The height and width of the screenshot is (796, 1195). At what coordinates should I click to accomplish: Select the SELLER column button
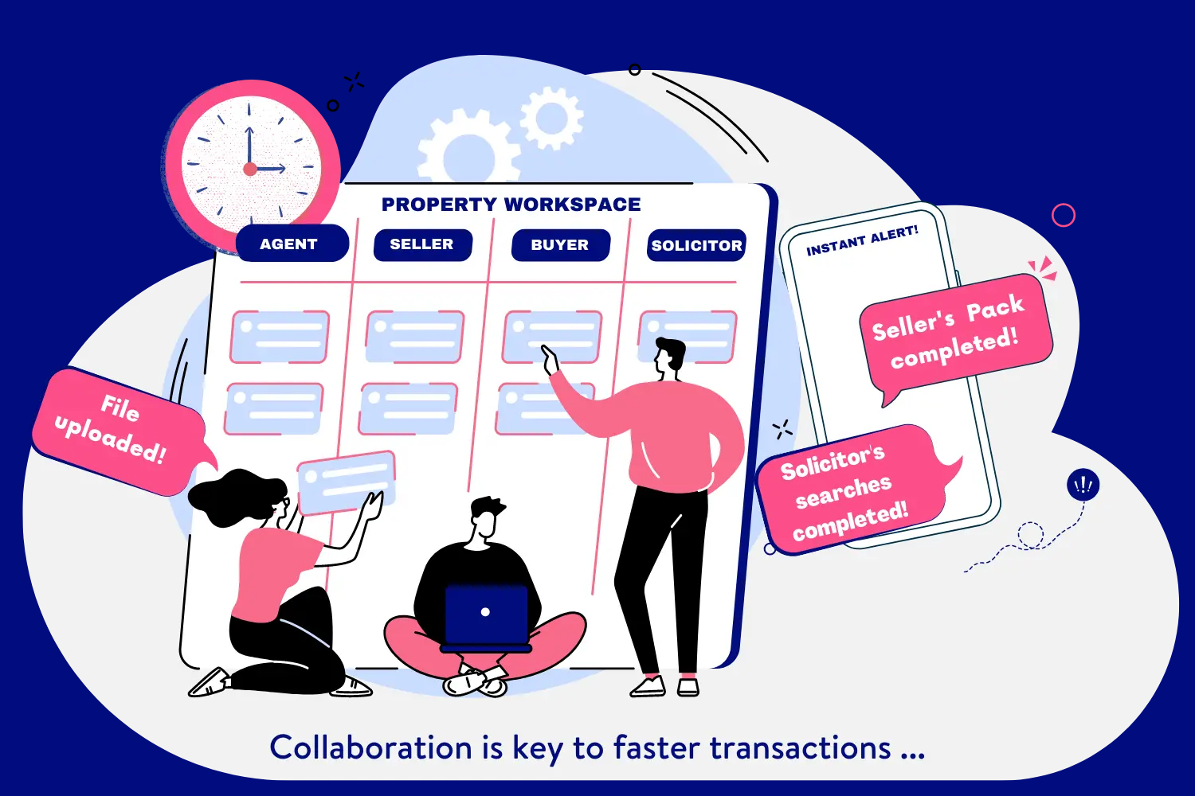point(422,244)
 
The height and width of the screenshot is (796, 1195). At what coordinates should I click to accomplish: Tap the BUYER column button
point(560,245)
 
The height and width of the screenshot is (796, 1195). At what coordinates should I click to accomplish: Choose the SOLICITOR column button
point(696,245)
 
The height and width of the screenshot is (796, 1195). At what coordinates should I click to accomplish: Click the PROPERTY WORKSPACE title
point(511,205)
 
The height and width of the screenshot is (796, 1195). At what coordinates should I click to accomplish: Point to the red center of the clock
point(250,169)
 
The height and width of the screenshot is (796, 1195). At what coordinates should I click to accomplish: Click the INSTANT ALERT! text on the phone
point(862,241)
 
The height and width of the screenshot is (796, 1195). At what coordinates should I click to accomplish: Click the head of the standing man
point(669,357)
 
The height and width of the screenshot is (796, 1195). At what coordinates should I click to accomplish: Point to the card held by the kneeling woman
point(346,481)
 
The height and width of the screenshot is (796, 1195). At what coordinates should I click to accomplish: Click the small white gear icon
point(551,118)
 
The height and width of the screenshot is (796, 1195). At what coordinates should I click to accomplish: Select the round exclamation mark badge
point(1083,485)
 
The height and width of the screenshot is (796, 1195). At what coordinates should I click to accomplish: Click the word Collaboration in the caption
point(370,748)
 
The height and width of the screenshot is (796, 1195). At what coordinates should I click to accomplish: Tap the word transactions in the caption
point(800,748)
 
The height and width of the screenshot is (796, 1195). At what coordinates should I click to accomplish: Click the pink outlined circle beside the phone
point(1064,215)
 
